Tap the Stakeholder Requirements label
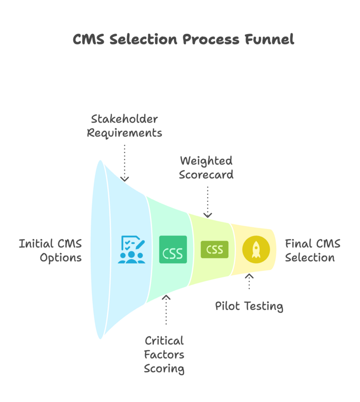click(x=124, y=126)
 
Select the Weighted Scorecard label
click(x=207, y=167)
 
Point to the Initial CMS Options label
click(x=51, y=250)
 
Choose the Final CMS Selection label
click(x=313, y=250)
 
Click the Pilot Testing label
click(x=249, y=306)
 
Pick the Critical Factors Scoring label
click(x=165, y=355)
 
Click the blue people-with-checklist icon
click(x=131, y=250)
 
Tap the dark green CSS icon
click(x=172, y=250)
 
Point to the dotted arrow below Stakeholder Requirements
click(x=124, y=162)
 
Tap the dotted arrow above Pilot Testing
click(x=249, y=281)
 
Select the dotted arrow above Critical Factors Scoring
click(x=165, y=310)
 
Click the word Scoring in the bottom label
click(x=165, y=369)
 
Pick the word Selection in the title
click(x=143, y=39)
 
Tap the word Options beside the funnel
click(x=60, y=258)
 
